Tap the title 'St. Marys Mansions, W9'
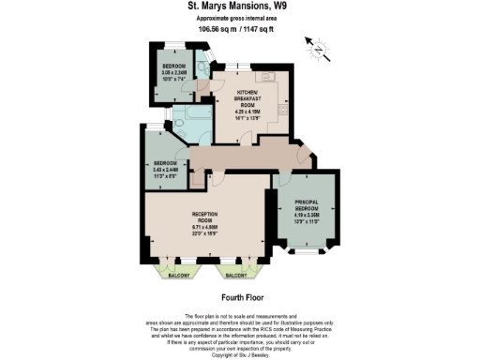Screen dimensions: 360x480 239,6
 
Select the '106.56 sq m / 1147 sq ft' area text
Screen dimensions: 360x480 239,29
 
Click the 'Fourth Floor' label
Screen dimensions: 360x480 239,297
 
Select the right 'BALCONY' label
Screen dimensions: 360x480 236,277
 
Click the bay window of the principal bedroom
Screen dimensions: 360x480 306,249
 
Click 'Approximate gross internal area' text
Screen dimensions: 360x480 239,18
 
